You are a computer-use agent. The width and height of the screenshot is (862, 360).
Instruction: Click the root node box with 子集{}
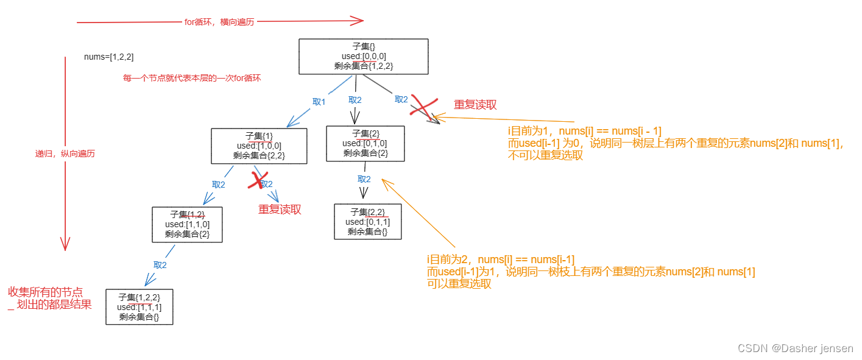(364, 57)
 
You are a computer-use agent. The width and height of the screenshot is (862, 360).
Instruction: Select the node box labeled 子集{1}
(259, 146)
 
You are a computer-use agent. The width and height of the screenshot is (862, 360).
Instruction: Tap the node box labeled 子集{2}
(365, 143)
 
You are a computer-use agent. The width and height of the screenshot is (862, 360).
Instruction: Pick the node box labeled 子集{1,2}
(187, 224)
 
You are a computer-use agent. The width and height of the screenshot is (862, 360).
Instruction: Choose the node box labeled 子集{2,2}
(367, 221)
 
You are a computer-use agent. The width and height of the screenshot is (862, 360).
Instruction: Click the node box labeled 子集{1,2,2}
(139, 306)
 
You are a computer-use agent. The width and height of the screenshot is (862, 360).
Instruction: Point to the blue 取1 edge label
(319, 102)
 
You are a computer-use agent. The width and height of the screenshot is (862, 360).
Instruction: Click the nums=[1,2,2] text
(108, 57)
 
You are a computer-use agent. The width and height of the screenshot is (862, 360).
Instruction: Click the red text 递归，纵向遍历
(65, 154)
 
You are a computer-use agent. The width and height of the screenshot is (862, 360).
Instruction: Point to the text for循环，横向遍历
(219, 22)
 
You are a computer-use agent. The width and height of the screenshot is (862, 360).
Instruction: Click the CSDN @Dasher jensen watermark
(795, 348)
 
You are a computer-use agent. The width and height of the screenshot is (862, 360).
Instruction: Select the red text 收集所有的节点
(45, 292)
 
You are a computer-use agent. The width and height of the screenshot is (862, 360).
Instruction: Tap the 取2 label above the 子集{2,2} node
(364, 179)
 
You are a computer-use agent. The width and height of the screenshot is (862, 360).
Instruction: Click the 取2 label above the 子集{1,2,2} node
(160, 265)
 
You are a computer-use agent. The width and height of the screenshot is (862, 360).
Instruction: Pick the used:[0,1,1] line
(367, 222)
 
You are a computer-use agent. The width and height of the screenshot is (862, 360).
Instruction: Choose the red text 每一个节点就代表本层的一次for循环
(192, 79)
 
